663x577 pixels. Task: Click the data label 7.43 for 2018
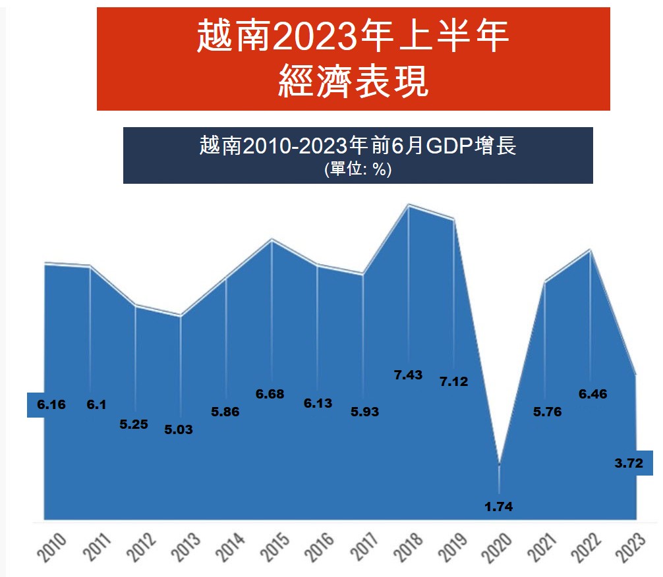coord(409,375)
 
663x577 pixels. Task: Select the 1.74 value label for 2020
coord(498,507)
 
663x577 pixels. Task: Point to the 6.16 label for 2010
coord(51,404)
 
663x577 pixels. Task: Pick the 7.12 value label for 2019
coord(454,381)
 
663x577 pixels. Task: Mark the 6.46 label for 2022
coord(592,395)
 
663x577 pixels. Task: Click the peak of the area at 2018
coord(409,206)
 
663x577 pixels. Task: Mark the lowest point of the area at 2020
coord(499,465)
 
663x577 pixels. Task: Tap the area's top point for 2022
coord(590,250)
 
